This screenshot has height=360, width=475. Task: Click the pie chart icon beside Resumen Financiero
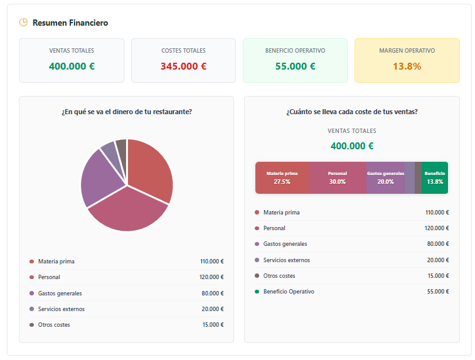point(23,23)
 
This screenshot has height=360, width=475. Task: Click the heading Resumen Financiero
point(70,23)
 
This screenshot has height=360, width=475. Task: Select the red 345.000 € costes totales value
point(183,66)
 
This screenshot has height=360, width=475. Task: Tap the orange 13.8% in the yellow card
point(407,66)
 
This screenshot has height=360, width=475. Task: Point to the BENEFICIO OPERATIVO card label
point(295,51)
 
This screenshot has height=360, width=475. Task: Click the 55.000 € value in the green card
point(295,66)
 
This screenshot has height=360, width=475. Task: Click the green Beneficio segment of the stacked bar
point(435,177)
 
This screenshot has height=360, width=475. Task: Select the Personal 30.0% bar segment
point(337,177)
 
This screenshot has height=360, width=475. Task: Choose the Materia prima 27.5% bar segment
point(282,177)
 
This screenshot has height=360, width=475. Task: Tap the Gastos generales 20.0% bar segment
point(385,177)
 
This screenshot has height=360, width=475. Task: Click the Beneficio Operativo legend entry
point(289,292)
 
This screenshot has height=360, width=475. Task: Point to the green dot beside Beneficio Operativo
point(257,292)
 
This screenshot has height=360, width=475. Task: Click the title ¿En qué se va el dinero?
point(126,112)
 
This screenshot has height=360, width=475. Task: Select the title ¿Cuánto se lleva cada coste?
point(351,112)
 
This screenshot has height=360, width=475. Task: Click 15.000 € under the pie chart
point(213,325)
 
